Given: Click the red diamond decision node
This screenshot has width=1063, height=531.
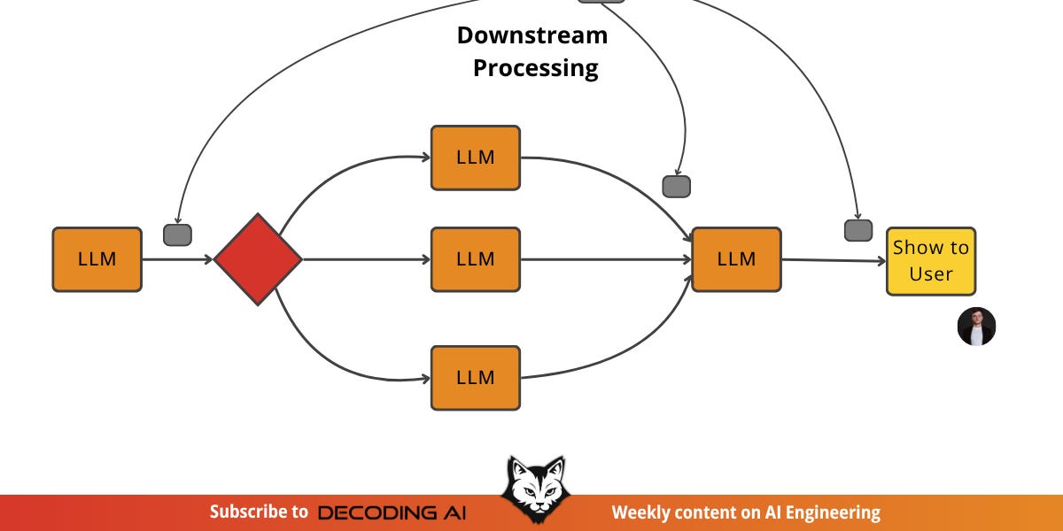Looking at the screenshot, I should tap(258, 259).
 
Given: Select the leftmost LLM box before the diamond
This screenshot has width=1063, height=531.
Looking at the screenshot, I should tap(97, 259).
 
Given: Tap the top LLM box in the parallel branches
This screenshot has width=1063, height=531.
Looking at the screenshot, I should tap(475, 158).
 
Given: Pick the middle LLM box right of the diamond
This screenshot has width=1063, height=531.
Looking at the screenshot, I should tap(475, 259).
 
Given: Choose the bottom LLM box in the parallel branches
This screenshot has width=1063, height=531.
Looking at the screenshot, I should tap(475, 378).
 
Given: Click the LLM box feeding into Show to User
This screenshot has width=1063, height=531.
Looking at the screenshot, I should tap(736, 259).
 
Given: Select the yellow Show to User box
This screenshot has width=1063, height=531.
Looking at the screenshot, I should tap(931, 260).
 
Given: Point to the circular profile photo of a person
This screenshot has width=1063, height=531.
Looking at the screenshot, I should tap(976, 327).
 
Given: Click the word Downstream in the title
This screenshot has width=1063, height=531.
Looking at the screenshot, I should tap(532, 35).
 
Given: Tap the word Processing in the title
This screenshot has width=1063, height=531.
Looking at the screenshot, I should tap(535, 68).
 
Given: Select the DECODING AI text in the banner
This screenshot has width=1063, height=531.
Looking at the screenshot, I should tap(391, 512).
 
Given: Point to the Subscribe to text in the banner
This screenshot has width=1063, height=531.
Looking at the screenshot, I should tap(259, 512).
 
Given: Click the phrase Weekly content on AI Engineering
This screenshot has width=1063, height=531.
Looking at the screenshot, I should tap(746, 512).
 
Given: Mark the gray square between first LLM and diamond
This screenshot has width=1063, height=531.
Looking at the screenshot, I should tap(177, 235).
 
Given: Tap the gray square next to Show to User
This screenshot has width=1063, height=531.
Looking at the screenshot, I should tap(857, 230).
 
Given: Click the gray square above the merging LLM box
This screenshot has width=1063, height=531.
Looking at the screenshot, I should tap(676, 186).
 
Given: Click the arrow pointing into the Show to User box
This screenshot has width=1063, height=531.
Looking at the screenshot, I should tap(833, 260).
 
